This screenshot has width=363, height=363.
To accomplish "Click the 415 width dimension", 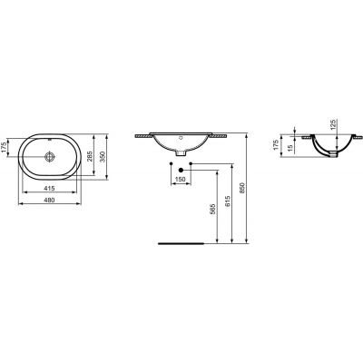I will point(52,186).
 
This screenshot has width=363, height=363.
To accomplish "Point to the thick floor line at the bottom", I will point(182,244).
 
